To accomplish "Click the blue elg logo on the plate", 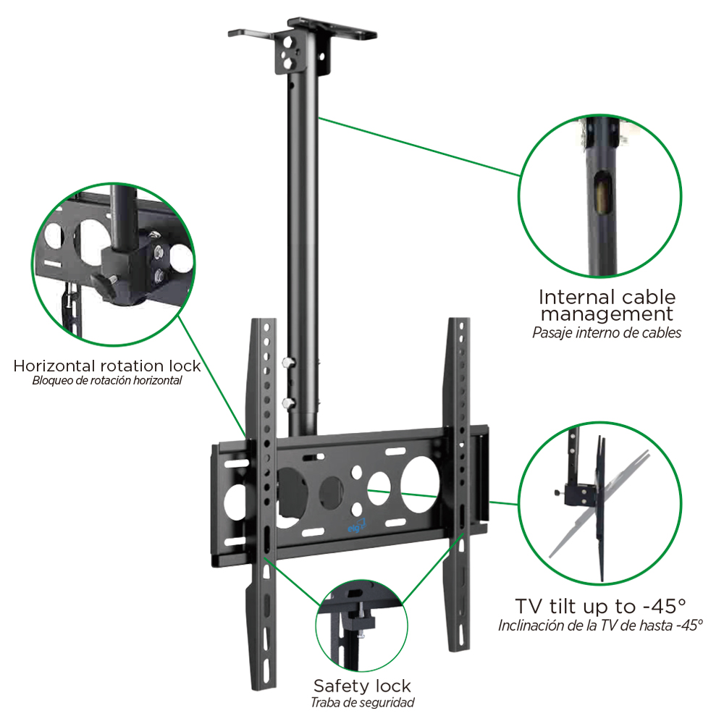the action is tap(356, 526).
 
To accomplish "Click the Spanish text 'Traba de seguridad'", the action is tap(363, 703).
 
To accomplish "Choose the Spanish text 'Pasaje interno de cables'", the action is tap(607, 332).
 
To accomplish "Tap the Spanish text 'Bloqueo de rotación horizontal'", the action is tap(107, 381).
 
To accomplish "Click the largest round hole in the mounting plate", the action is tap(420, 484).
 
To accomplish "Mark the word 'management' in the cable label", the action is tap(607, 314).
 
